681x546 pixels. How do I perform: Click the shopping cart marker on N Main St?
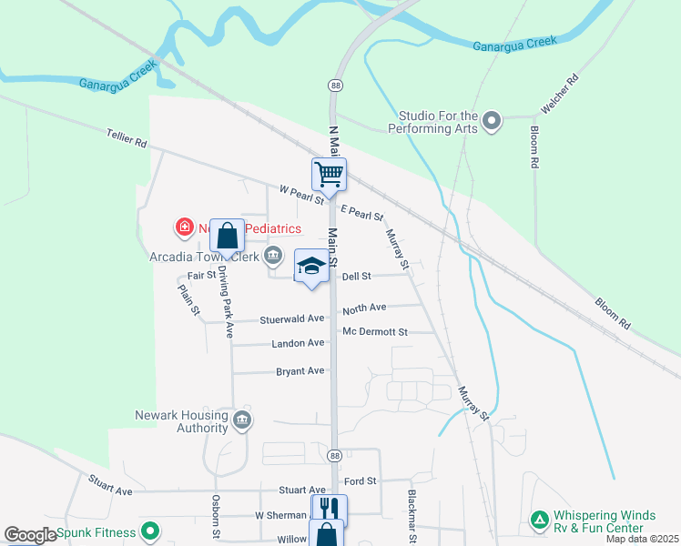click(x=329, y=174)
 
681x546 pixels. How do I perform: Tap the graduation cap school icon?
click(x=311, y=267)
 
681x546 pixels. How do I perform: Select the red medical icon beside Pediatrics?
click(x=184, y=225)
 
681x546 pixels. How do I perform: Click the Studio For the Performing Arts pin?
click(x=493, y=121)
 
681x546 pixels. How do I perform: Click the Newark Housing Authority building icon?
click(x=241, y=420)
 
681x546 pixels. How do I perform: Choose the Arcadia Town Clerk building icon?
click(x=272, y=256)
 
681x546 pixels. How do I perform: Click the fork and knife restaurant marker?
click(x=329, y=509)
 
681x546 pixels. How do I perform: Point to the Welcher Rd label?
click(x=561, y=94)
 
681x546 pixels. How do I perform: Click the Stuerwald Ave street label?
click(x=292, y=318)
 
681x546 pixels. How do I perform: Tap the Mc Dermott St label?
click(x=375, y=332)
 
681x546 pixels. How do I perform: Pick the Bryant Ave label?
click(x=300, y=371)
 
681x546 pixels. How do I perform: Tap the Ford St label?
click(x=361, y=480)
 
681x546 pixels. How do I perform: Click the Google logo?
click(x=29, y=535)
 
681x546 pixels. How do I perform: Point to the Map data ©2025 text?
click(x=642, y=540)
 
